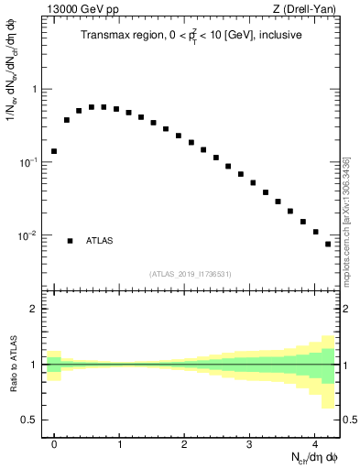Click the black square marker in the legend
click(70, 241)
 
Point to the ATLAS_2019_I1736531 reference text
click(191, 274)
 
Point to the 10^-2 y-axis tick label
click(27, 235)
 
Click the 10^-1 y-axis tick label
click(27, 162)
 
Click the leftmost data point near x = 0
click(54, 151)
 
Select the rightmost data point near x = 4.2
click(328, 244)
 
